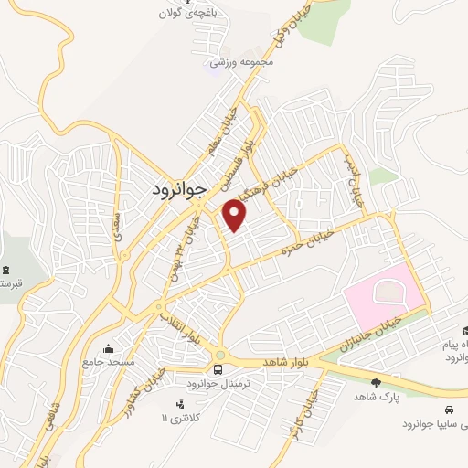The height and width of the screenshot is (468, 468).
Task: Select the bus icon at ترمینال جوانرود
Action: [x=218, y=369]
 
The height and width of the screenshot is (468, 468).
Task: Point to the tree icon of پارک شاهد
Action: [x=375, y=383]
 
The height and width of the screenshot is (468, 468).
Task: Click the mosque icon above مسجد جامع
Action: [x=109, y=348]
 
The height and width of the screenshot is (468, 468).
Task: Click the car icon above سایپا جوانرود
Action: [x=448, y=409]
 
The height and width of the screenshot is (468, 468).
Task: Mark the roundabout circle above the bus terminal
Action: [x=219, y=354]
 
